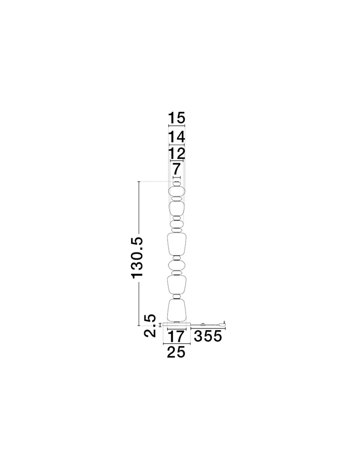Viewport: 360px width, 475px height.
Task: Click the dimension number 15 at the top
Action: (x=177, y=118)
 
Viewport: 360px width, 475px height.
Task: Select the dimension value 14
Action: (x=177, y=137)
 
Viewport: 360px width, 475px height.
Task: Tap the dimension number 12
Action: (x=177, y=154)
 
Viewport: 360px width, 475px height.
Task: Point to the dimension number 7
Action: (x=177, y=169)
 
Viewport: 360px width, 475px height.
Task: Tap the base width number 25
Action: (x=176, y=358)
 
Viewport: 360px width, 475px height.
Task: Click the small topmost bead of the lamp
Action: (x=177, y=184)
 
